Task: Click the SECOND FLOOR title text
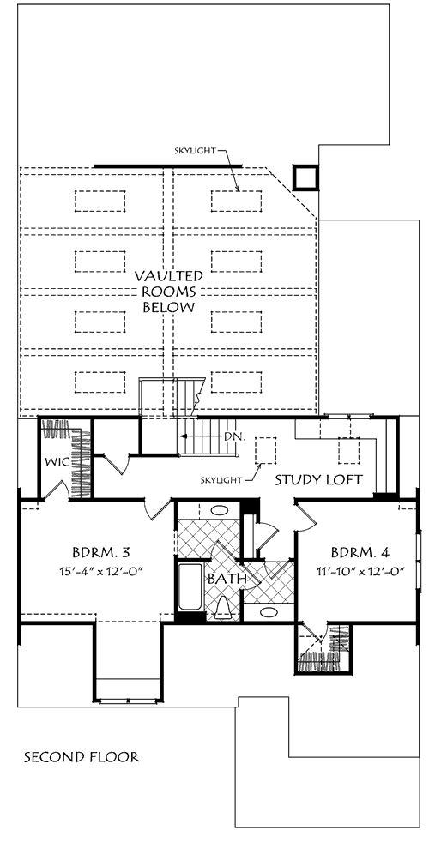[82, 757]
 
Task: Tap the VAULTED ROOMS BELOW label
[168, 292]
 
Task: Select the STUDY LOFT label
[319, 479]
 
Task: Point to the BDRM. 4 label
[360, 551]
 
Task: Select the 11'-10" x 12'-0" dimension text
[360, 571]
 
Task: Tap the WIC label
[55, 463]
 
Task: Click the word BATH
[227, 579]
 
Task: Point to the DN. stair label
[235, 436]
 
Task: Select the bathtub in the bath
[190, 587]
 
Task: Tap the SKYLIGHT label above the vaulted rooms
[194, 151]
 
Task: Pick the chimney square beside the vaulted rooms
[305, 177]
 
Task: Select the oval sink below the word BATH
[268, 612]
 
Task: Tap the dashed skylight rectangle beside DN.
[265, 450]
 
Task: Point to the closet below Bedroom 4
[323, 647]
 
